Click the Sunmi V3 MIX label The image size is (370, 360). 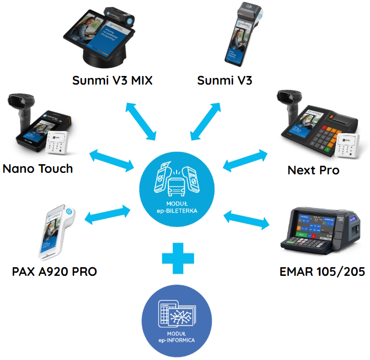[112, 81]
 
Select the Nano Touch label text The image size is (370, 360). [38, 168]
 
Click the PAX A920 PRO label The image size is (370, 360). [54, 271]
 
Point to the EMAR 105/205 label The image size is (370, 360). [322, 271]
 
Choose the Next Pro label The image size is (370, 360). [313, 170]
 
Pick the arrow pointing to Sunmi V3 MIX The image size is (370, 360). [141, 120]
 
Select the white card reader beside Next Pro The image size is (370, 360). [344, 144]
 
